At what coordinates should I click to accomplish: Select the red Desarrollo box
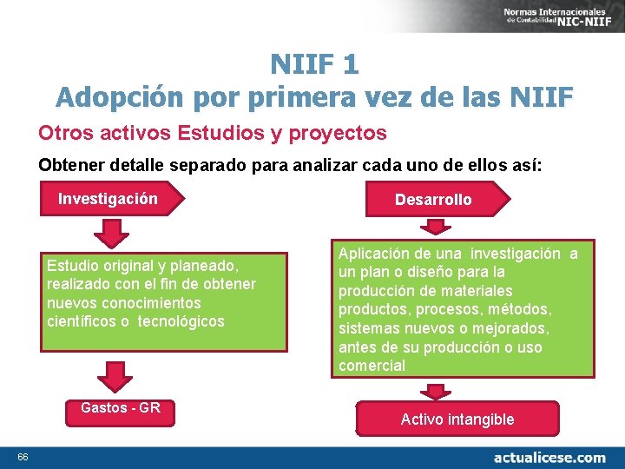click(433, 200)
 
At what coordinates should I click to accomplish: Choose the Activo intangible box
click(457, 419)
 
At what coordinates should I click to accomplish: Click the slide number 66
click(23, 458)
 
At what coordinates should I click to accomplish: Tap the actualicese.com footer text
click(549, 457)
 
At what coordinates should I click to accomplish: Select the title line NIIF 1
click(313, 64)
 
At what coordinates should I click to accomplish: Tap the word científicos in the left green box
click(82, 321)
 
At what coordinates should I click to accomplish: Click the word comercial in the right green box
click(372, 366)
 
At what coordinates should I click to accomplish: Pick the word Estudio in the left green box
click(72, 265)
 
